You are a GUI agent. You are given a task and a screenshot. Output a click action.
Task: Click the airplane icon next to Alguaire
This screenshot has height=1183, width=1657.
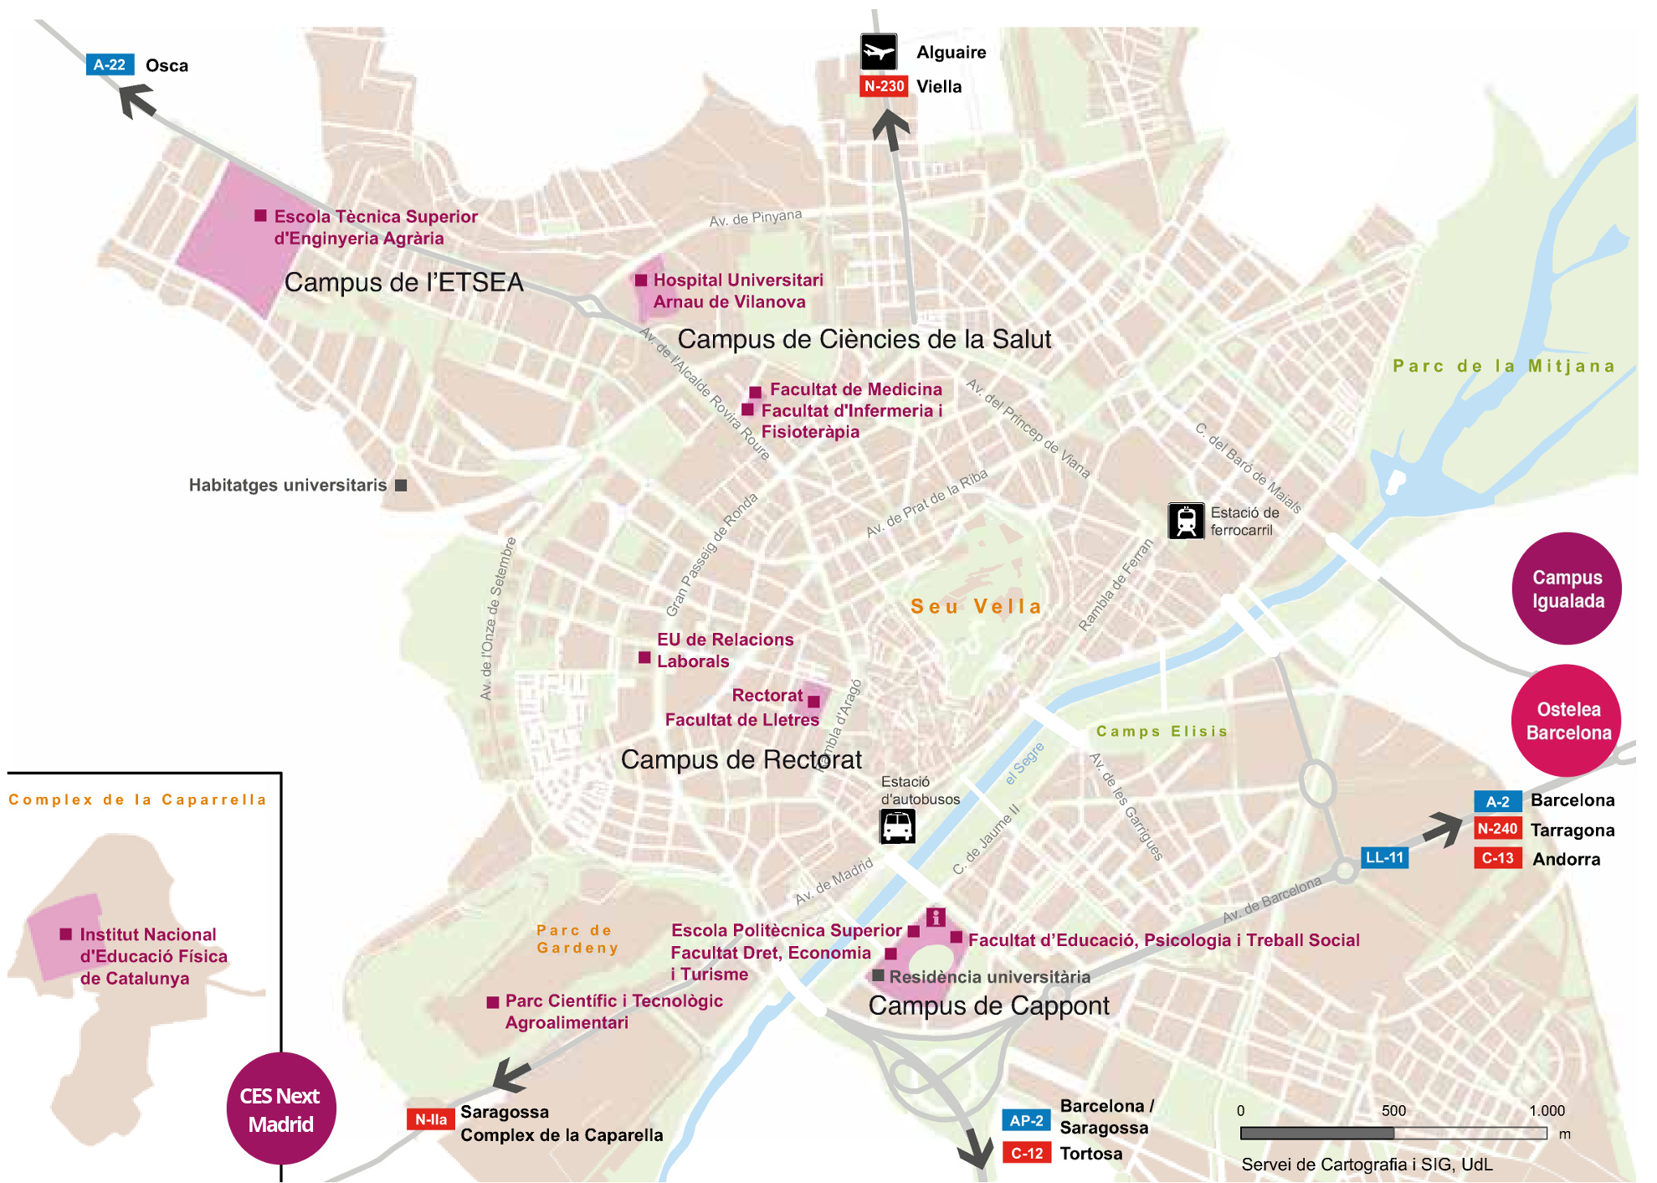(x=879, y=52)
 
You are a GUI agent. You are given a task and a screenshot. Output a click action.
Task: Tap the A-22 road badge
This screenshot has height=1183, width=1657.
(x=110, y=64)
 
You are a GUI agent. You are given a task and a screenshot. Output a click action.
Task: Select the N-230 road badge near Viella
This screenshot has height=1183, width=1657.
(x=884, y=86)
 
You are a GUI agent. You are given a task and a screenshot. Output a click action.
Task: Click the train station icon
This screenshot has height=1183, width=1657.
(x=1186, y=521)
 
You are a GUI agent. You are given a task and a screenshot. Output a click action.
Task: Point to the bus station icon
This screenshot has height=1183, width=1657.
(x=897, y=826)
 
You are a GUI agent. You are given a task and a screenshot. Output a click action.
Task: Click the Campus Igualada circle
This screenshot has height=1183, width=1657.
(x=1567, y=589)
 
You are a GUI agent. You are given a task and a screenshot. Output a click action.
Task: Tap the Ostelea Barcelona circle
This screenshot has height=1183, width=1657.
(x=1567, y=720)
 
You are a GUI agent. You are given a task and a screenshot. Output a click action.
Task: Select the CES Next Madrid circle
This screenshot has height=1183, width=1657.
(x=280, y=1108)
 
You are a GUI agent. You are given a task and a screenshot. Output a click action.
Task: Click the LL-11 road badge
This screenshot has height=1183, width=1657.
(x=1384, y=857)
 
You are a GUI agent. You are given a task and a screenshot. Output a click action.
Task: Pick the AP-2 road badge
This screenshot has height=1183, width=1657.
(x=1026, y=1120)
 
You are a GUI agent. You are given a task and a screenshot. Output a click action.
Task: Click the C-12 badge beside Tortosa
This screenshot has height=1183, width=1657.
(x=1026, y=1153)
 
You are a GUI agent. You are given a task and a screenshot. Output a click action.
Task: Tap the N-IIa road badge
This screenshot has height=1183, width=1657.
(x=430, y=1119)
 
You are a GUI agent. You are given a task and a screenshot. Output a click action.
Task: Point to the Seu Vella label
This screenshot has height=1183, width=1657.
(x=976, y=606)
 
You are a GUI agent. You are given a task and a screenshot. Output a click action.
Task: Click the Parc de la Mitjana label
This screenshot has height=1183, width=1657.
(x=1504, y=366)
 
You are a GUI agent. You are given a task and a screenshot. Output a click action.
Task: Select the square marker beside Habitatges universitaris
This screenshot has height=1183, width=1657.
(x=401, y=486)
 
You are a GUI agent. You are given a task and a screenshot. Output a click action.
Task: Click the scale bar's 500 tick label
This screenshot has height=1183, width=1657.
(x=1393, y=1110)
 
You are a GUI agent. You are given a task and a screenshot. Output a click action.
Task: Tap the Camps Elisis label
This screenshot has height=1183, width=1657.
(x=1162, y=731)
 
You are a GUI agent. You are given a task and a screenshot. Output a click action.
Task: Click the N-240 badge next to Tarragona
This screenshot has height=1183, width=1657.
(x=1497, y=829)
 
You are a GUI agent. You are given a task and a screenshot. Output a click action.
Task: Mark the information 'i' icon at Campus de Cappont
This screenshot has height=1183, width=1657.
(x=936, y=917)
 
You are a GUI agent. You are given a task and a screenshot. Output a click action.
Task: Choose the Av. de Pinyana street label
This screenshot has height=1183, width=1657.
(x=755, y=218)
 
